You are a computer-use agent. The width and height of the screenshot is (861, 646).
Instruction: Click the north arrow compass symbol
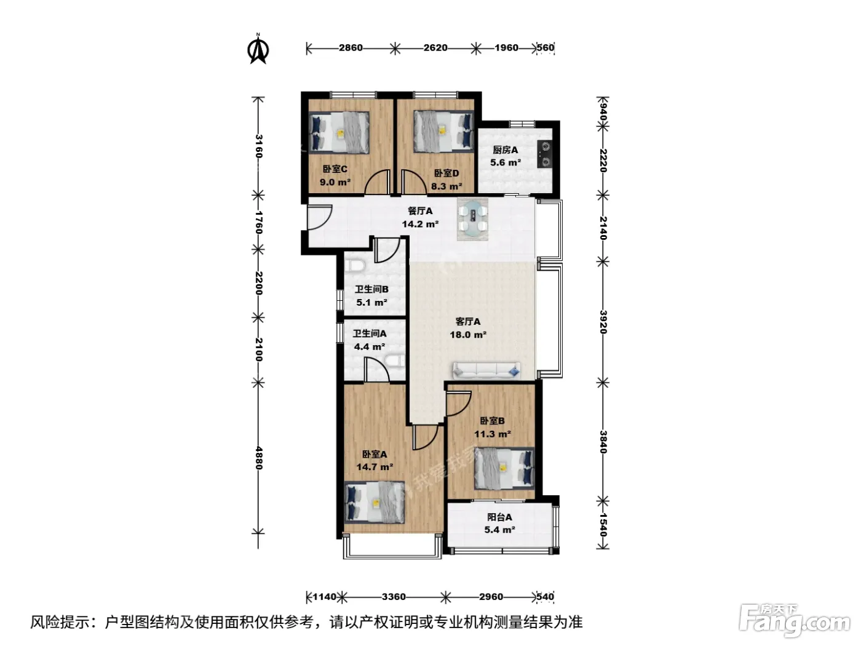click(x=258, y=49)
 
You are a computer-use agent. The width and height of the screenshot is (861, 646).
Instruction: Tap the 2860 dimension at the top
click(x=351, y=48)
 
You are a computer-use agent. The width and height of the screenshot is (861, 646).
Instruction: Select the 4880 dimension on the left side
click(x=258, y=457)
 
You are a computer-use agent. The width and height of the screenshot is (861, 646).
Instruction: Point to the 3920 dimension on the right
click(x=603, y=322)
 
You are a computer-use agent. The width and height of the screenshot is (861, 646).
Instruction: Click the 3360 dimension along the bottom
click(x=394, y=597)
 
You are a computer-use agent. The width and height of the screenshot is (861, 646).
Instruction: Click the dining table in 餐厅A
click(x=473, y=219)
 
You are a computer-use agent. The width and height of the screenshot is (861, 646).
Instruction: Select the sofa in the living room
click(x=486, y=370)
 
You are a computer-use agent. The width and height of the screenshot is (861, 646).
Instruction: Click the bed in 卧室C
click(x=339, y=132)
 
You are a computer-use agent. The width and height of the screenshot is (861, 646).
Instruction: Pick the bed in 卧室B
click(x=504, y=468)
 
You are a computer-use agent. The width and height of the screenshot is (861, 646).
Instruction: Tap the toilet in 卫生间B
click(x=355, y=266)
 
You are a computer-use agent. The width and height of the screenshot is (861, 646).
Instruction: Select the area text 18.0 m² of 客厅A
click(x=468, y=335)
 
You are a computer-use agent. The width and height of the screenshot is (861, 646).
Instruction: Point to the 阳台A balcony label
click(x=499, y=517)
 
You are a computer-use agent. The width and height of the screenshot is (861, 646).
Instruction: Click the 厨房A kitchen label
click(x=506, y=150)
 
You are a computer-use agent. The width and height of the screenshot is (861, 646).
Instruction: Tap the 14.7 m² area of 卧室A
click(x=375, y=467)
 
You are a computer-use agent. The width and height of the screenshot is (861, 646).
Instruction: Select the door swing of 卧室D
click(x=412, y=181)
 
